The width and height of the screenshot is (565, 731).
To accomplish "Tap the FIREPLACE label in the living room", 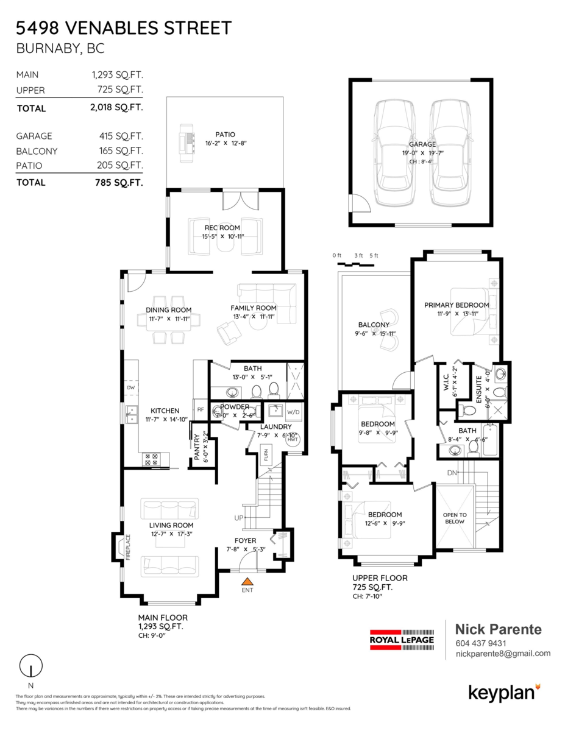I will tap(128, 546).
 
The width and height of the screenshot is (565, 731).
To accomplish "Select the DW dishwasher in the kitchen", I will tap(130, 387).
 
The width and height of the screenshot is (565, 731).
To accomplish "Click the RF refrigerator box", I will tap(200, 409).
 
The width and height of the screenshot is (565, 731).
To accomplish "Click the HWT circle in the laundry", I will tap(293, 439).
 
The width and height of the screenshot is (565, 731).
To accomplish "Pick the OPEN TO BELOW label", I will tap(455, 518).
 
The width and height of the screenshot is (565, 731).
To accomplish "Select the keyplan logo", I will tap(504, 692).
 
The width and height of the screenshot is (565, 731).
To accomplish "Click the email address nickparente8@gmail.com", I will tap(503, 654).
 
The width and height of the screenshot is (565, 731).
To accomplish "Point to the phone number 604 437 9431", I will tap(481, 643).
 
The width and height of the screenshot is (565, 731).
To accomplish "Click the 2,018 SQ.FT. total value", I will tap(116, 108).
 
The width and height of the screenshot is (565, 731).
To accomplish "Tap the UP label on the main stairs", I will tap(239, 518).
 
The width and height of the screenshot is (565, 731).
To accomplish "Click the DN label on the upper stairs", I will tap(468, 472).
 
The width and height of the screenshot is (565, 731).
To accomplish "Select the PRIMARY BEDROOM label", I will tap(457, 305).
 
